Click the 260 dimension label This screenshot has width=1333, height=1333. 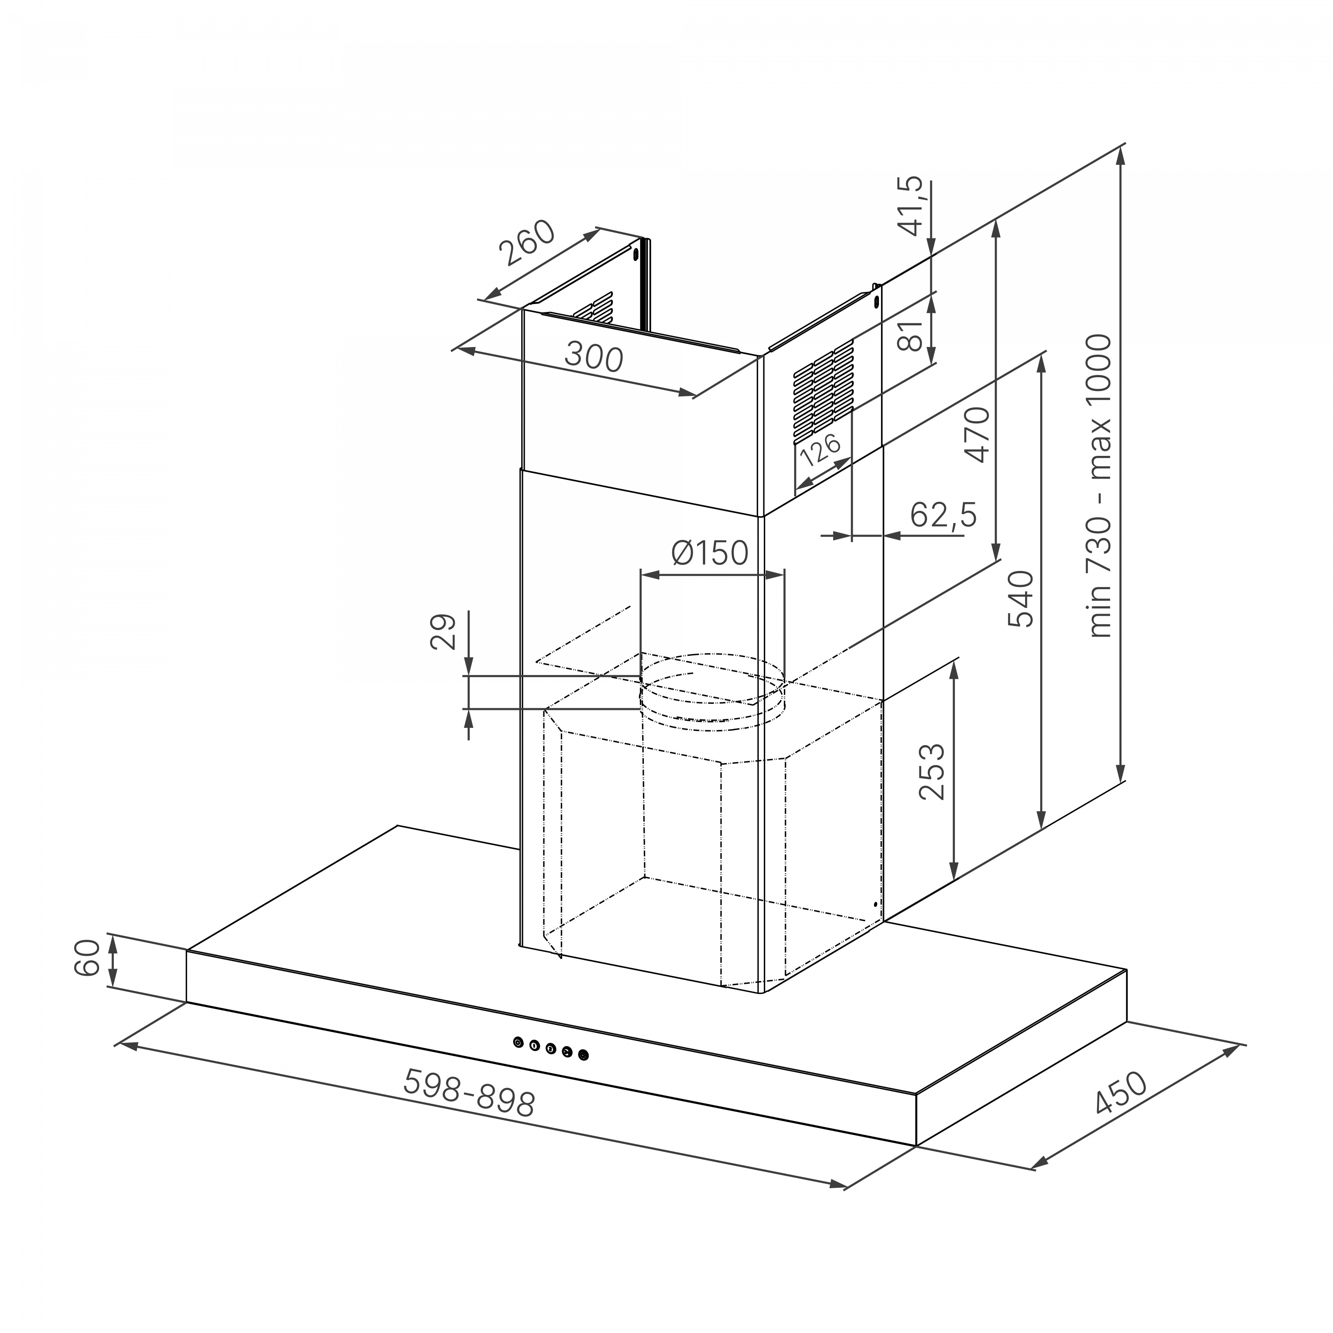[528, 243]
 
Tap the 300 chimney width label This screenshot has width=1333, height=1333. [593, 357]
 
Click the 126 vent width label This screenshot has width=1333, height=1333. [820, 449]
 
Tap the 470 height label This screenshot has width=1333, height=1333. [978, 435]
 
